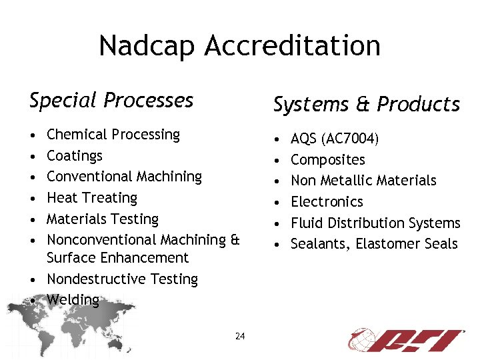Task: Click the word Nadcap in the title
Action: click(x=147, y=46)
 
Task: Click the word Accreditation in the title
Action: click(x=293, y=46)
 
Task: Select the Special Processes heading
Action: click(x=111, y=100)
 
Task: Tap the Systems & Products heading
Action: click(x=366, y=104)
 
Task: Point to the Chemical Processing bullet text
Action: click(x=113, y=135)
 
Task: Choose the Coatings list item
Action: click(x=75, y=156)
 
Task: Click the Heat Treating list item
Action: click(x=92, y=198)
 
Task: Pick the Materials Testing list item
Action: click(x=103, y=219)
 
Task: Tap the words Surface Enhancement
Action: click(x=118, y=258)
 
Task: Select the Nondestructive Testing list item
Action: click(x=123, y=279)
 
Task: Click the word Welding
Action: click(x=73, y=300)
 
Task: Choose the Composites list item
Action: click(x=328, y=160)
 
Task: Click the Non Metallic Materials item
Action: click(x=363, y=181)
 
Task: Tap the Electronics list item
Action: click(x=327, y=202)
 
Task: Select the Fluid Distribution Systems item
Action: click(x=375, y=223)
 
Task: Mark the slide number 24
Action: click(x=240, y=336)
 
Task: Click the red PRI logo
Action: click(x=406, y=339)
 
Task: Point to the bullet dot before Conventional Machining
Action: click(x=34, y=177)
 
